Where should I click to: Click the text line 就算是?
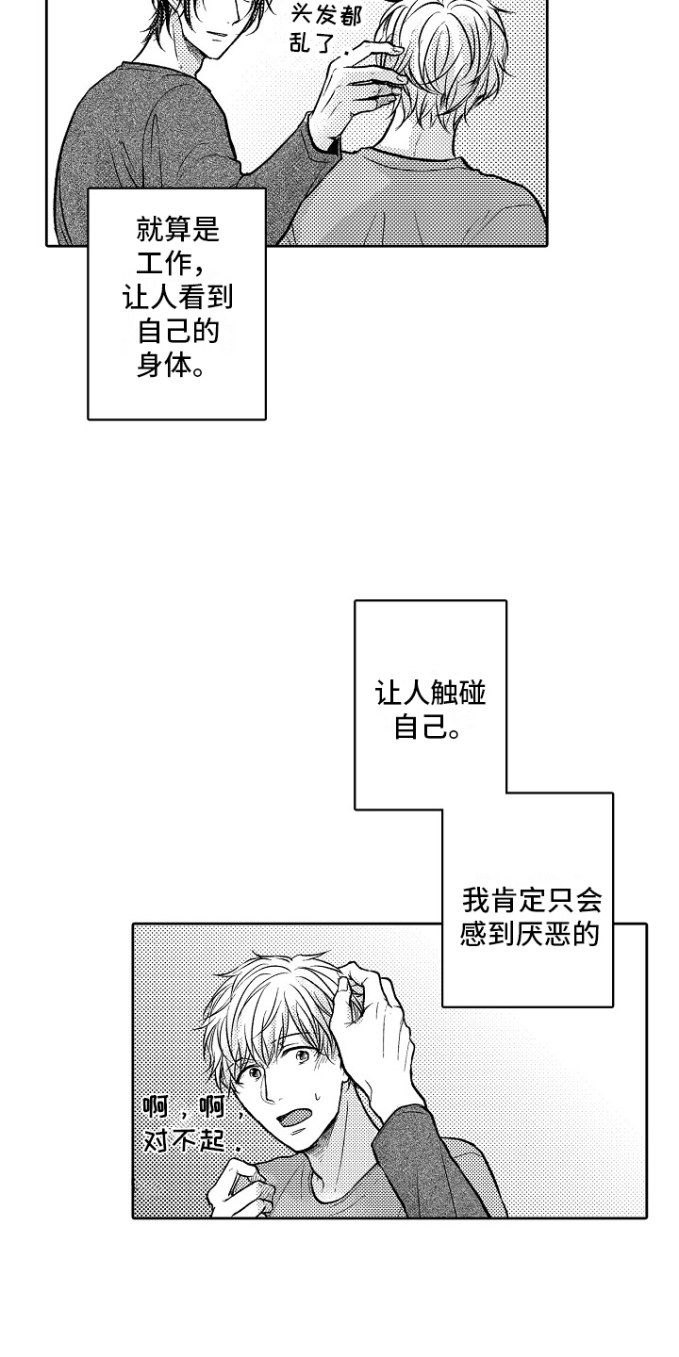click(177, 230)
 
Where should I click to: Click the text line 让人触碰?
click(430, 695)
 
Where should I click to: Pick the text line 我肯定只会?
click(531, 901)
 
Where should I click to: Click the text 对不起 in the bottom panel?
click(185, 1141)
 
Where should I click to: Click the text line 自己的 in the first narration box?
click(177, 332)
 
